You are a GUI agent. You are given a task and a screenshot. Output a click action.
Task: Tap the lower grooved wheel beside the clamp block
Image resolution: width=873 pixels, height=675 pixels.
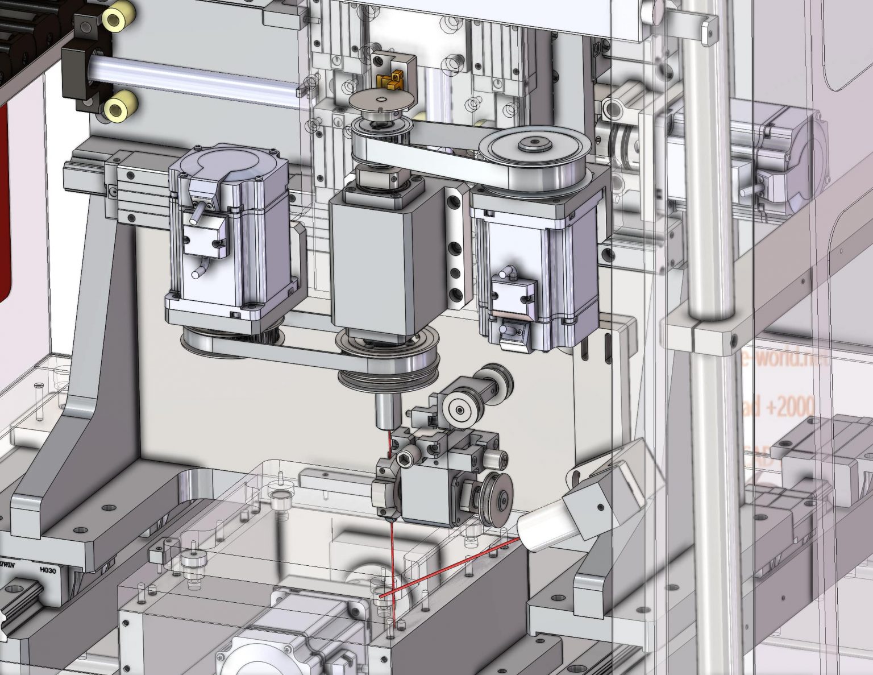coord(495,499)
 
